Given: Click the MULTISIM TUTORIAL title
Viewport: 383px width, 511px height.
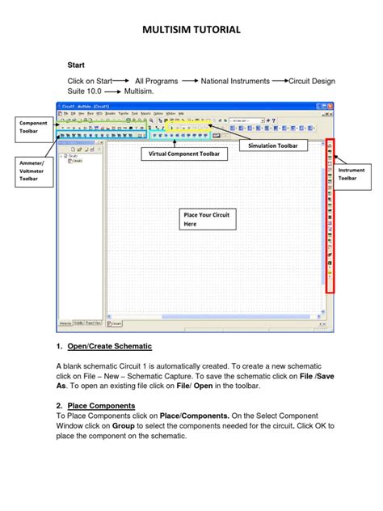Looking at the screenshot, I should point(191,30).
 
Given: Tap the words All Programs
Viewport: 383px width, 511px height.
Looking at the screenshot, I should point(154,82).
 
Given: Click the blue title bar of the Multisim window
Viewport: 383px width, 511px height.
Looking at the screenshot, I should point(194,105).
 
